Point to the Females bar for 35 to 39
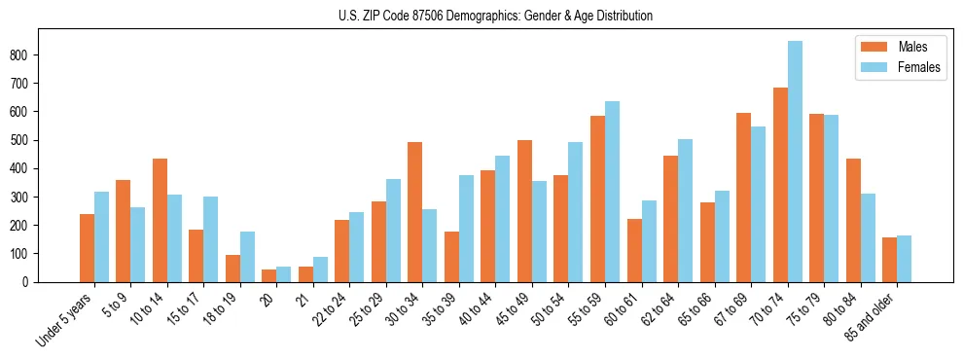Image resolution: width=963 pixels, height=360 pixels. pyautogui.click(x=466, y=229)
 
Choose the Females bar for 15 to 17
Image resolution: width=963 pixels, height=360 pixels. pyautogui.click(x=211, y=239)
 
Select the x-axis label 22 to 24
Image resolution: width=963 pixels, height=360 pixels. pyautogui.click(x=329, y=309)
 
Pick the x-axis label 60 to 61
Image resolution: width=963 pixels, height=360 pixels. pyautogui.click(x=621, y=309)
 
